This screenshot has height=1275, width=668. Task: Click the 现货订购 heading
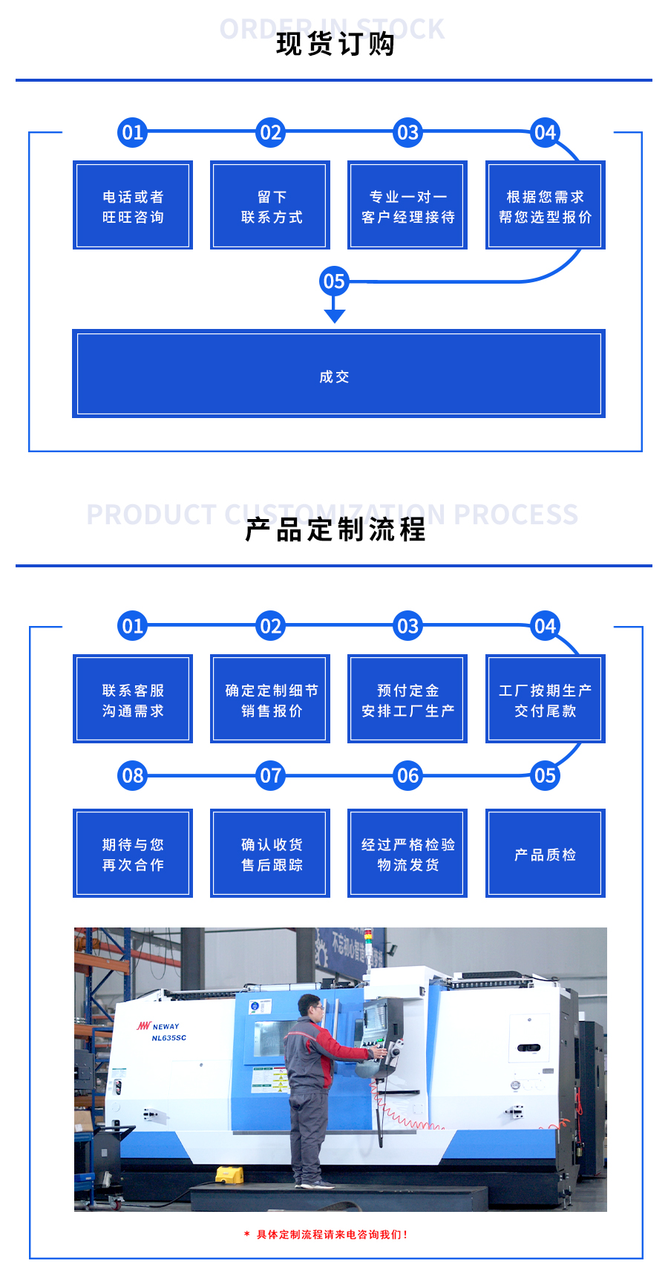[x=335, y=44]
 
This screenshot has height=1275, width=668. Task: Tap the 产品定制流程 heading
[x=335, y=529]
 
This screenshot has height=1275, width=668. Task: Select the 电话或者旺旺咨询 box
[x=133, y=205]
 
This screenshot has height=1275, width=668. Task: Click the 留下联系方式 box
[x=270, y=205]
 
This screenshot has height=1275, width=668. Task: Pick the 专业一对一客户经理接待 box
[x=407, y=205]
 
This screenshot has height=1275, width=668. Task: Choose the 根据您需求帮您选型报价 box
[x=546, y=205]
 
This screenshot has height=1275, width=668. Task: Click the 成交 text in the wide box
[x=334, y=377]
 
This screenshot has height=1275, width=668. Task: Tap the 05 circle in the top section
[x=334, y=281]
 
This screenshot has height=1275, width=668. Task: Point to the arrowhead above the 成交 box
[x=335, y=316]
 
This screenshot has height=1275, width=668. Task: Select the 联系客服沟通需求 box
[x=133, y=699]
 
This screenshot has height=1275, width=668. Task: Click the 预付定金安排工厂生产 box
[x=407, y=699]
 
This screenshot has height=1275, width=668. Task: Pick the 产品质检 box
[x=546, y=853]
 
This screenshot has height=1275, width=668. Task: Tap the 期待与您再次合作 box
[x=133, y=853]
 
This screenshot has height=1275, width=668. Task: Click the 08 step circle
[x=133, y=776]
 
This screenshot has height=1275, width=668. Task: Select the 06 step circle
[x=407, y=776]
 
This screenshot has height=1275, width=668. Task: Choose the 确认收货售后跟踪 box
[x=270, y=853]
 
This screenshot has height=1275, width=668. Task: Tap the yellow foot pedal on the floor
[x=229, y=1175]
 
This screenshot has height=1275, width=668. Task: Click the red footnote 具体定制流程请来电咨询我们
[x=327, y=1234]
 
